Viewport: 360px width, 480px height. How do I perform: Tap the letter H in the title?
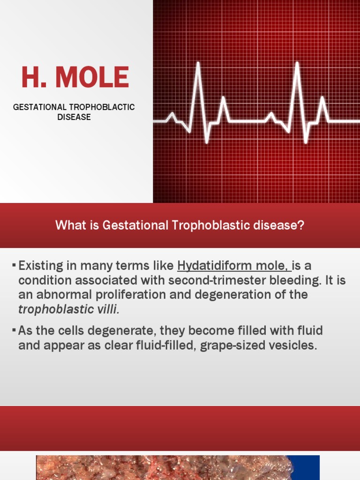[x=30, y=78]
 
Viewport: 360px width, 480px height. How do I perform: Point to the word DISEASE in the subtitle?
[x=74, y=117]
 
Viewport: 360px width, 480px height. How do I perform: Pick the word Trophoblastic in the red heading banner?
[x=203, y=225]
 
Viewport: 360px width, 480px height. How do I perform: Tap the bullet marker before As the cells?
[x=14, y=331]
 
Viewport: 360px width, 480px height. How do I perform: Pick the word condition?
[x=44, y=280]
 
